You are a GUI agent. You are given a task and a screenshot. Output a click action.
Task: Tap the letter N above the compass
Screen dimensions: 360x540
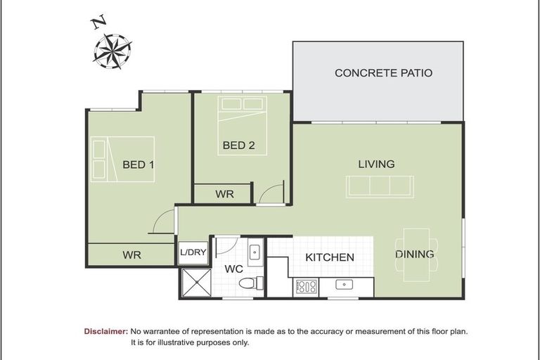click(x=97, y=22)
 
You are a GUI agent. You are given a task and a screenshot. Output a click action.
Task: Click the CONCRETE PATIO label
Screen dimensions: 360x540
click(x=383, y=72)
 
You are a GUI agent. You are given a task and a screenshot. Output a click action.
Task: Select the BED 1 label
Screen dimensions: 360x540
click(x=138, y=165)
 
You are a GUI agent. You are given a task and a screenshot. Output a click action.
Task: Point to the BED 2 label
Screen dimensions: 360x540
click(x=238, y=146)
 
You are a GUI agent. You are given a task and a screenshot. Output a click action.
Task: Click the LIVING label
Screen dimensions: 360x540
click(x=376, y=164)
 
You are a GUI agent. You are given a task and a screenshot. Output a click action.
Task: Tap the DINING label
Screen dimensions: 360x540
click(x=414, y=254)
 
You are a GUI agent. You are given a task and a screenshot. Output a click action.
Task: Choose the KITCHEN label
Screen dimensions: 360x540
click(x=329, y=257)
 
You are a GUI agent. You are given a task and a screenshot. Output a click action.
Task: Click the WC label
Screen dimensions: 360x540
click(x=233, y=269)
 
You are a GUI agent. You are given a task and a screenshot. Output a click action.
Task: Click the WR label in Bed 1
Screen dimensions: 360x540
click(x=131, y=255)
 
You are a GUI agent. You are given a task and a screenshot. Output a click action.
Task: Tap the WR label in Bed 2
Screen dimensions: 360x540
click(x=224, y=194)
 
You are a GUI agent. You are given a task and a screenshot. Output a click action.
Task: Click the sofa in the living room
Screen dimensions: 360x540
click(x=380, y=186)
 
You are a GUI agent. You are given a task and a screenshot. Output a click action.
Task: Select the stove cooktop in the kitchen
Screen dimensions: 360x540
click(x=306, y=287)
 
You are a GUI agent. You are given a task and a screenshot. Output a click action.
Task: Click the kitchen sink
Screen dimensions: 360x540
click(x=344, y=285)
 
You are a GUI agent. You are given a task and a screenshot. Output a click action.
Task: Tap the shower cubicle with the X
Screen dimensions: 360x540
click(x=193, y=282)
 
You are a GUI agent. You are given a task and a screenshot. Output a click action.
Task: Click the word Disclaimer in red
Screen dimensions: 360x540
click(x=105, y=330)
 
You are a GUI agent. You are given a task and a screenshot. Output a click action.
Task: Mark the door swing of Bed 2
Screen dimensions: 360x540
click(x=271, y=193)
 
